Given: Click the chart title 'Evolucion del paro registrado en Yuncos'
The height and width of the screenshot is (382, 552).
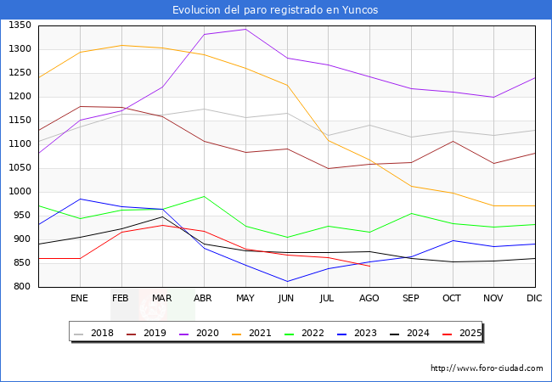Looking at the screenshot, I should point(275,10).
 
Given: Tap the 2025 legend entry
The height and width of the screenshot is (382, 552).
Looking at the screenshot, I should point(470,333).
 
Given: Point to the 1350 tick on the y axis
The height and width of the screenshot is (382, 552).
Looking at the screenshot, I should point(20,25).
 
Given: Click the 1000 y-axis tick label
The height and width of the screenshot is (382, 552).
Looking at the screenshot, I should point(20,192).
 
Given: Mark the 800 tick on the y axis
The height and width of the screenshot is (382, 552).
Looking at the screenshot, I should point(23,287).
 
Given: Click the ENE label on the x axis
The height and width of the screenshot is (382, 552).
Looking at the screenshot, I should point(80,299).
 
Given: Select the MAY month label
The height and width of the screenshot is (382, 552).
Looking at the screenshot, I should point(245,299).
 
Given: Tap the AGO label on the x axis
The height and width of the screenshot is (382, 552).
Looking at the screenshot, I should point(369,299).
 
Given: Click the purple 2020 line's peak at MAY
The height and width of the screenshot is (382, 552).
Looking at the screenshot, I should point(245,29).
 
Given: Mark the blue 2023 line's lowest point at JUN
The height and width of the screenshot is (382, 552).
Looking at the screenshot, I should point(287,281).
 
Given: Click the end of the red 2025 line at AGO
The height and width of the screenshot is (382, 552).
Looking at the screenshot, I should point(369,266).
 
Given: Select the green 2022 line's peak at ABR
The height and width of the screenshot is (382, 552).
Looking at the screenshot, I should point(204,196).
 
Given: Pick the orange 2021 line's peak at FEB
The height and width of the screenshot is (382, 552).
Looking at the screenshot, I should point(121,45).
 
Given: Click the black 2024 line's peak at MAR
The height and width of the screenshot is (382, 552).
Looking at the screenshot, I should point(162,216).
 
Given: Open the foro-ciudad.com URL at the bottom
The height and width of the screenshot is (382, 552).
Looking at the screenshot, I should point(487,368).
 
